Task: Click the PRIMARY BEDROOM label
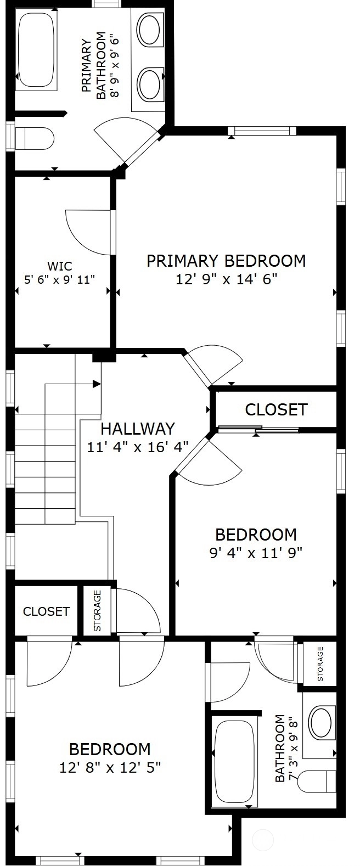tap(226, 261)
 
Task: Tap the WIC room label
tap(60, 266)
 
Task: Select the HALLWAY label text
tap(138, 429)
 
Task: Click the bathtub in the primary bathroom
tap(36, 50)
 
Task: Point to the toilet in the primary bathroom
tap(35, 138)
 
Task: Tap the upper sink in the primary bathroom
tap(149, 30)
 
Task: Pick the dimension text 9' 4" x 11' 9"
tap(256, 553)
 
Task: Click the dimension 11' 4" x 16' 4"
tap(138, 447)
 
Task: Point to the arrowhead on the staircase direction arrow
tap(97, 384)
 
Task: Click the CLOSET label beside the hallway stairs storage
tap(47, 611)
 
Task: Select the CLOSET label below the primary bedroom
tap(276, 409)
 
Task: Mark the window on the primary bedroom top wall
tap(262, 131)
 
